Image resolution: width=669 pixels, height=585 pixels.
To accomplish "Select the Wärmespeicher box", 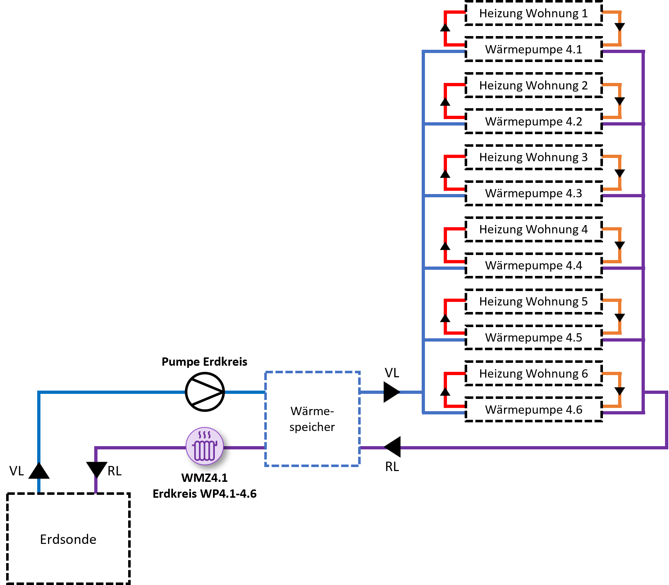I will [x=312, y=419].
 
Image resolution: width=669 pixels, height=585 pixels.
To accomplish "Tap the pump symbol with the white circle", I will [x=205, y=392].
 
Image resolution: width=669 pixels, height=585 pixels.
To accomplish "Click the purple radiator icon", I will [x=205, y=446].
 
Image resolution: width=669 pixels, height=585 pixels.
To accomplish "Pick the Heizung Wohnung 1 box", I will [x=533, y=13].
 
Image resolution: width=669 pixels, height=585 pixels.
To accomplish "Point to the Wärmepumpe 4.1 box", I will [x=533, y=49].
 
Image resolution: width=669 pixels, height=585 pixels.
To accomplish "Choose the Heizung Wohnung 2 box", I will [x=533, y=85].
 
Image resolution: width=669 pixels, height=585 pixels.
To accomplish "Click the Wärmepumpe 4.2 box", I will [x=533, y=121].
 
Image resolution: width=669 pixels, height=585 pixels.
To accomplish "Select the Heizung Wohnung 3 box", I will [x=533, y=157].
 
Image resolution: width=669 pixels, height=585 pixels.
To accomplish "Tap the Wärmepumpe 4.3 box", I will [x=533, y=193].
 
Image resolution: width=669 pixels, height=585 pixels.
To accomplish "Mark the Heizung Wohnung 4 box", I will [x=533, y=229].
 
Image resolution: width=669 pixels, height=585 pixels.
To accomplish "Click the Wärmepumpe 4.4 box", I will [x=533, y=265].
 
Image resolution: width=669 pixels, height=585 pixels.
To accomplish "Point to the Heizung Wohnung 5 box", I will [x=533, y=302].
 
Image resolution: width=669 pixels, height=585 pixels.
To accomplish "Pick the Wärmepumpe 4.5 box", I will [x=533, y=338].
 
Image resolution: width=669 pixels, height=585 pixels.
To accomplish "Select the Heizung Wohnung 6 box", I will [x=533, y=374].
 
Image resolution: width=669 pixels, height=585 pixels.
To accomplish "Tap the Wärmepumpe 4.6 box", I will [x=533, y=410].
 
